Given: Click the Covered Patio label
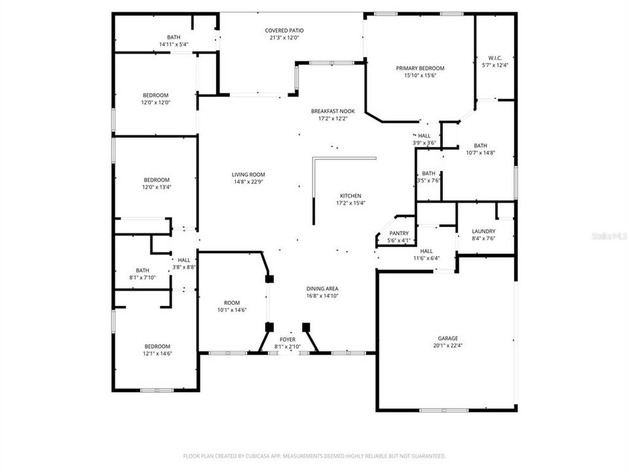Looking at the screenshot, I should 284,31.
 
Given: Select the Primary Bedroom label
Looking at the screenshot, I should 420,68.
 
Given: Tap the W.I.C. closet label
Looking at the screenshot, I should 495,58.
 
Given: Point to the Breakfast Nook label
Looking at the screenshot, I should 332,111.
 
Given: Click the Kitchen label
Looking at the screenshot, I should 350,196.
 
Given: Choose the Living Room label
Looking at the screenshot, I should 248,174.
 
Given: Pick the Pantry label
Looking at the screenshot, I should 399,233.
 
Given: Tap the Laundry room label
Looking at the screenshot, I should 484,231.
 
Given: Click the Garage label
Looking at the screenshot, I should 448,338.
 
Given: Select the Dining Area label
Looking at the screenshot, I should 322,288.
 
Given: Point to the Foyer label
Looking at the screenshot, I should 288,340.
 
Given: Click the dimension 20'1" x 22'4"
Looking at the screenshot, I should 448,345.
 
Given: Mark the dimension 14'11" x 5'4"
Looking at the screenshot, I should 174,45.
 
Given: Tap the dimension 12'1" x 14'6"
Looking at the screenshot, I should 157,354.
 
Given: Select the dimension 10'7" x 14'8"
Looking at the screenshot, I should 480,153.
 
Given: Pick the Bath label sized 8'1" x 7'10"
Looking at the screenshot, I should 142,270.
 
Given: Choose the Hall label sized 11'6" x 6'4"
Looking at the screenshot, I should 426,251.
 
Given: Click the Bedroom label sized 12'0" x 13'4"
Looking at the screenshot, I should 157,180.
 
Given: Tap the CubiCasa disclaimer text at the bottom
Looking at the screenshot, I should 314,456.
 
